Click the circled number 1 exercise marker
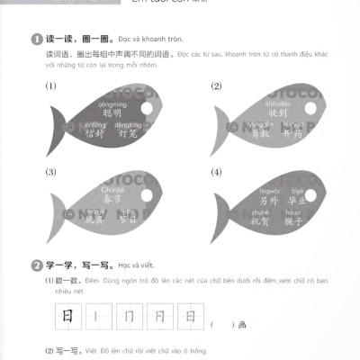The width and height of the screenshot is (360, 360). click(35, 40)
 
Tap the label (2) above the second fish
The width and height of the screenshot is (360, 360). click(215, 86)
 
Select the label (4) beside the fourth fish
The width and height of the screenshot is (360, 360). click(215, 172)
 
